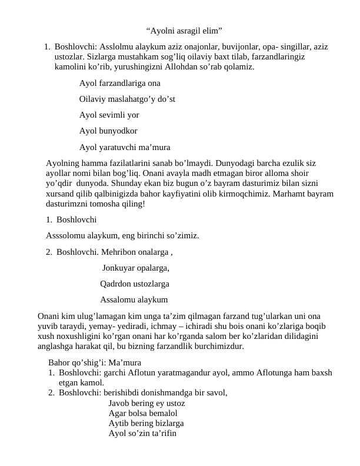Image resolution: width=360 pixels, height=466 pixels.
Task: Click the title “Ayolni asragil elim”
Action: point(184,30)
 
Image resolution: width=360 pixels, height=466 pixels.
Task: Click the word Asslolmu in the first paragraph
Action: point(115,46)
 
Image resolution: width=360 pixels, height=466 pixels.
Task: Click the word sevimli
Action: point(112,115)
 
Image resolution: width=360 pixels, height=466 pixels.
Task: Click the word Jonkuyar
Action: point(118,268)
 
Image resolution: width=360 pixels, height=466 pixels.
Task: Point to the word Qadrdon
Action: point(116,284)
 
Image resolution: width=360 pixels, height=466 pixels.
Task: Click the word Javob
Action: point(120,403)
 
